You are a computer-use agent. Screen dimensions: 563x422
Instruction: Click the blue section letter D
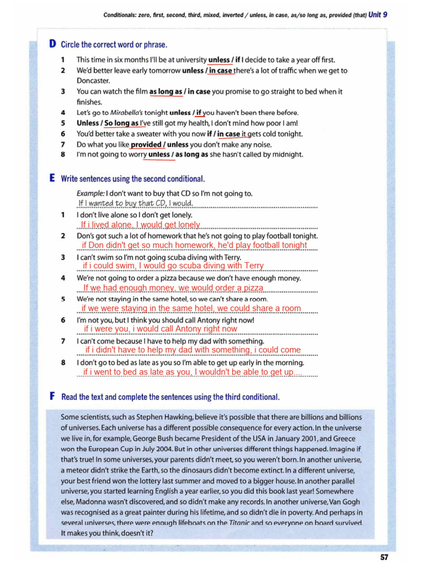pyautogui.click(x=52, y=44)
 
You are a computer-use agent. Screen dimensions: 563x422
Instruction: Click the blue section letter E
pyautogui.click(x=52, y=179)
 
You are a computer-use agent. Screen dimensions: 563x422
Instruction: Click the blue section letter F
pyautogui.click(x=52, y=396)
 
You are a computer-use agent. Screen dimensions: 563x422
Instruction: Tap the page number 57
pyautogui.click(x=384, y=556)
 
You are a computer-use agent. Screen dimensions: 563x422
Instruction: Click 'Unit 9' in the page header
pyautogui.click(x=377, y=15)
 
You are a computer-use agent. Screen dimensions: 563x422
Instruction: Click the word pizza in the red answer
pyautogui.click(x=253, y=288)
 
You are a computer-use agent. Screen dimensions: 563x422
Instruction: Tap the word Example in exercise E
pyautogui.click(x=90, y=193)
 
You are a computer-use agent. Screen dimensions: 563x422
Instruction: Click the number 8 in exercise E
pyautogui.click(x=63, y=363)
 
